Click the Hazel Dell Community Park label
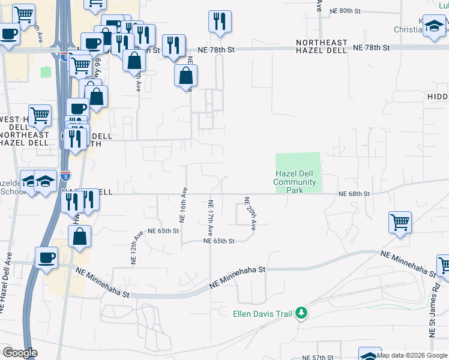(x=294, y=182)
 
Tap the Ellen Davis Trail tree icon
(x=302, y=313)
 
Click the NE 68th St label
(x=354, y=194)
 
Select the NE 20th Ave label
(x=250, y=214)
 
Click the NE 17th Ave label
(x=211, y=217)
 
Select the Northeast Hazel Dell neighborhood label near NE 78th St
(x=322, y=47)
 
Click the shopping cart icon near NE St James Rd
(x=400, y=223)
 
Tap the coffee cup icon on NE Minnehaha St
(x=46, y=258)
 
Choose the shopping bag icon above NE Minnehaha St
(x=80, y=236)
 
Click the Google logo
(x=20, y=353)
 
